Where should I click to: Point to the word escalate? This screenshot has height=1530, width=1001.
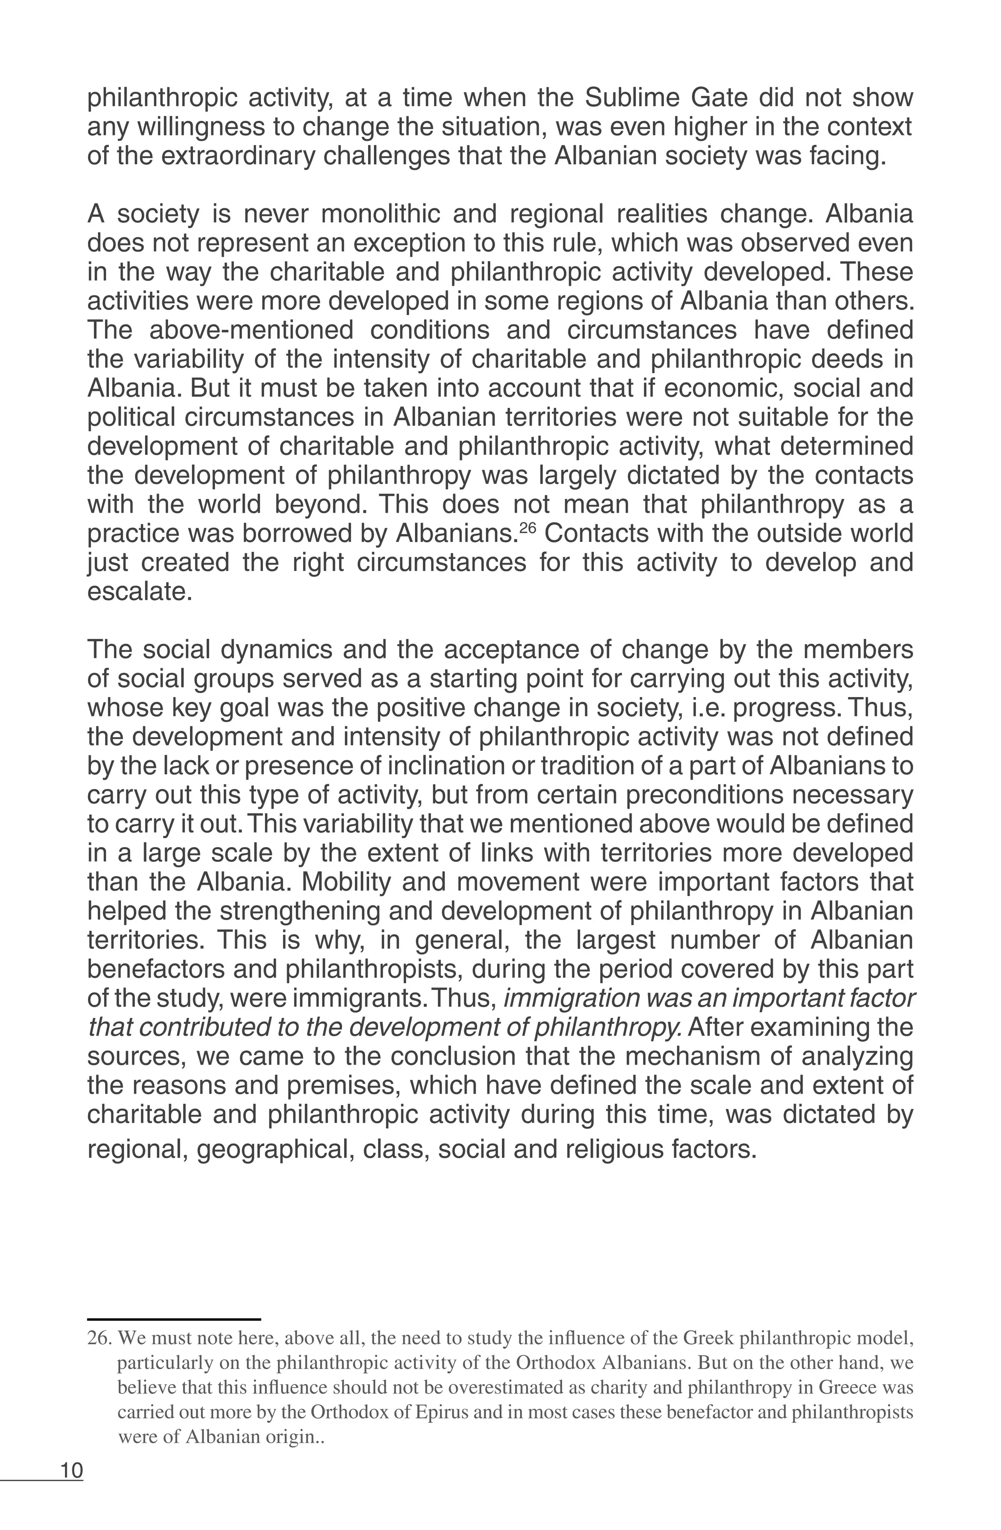(x=139, y=591)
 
